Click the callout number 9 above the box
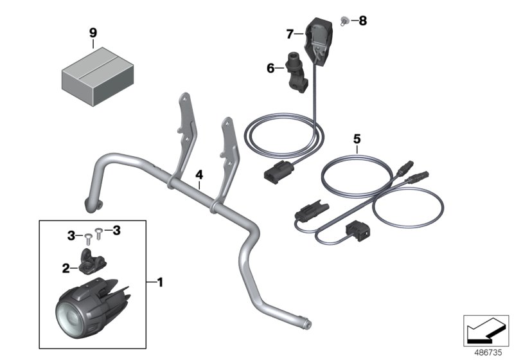93,33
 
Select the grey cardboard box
98,76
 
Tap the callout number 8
362,21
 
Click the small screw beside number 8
344,21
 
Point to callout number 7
290,33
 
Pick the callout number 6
270,68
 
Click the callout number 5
357,139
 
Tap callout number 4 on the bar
199,175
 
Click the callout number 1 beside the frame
160,282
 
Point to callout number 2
66,268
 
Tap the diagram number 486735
488,353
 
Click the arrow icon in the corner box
486,330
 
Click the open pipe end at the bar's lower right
308,325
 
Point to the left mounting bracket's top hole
184,98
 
